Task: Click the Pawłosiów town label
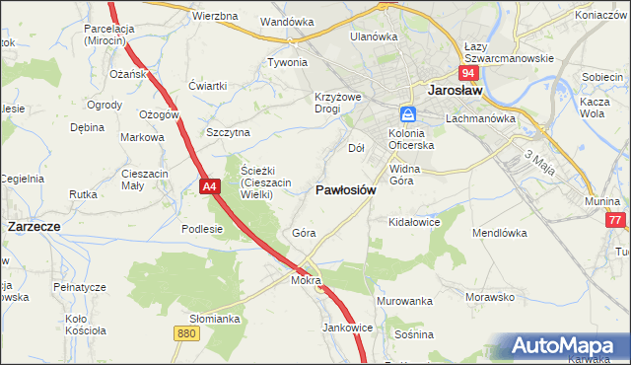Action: [x=345, y=190]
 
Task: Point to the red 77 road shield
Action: [x=616, y=221]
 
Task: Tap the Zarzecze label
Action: [x=35, y=226]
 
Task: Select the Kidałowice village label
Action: [x=414, y=223]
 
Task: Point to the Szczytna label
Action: [x=228, y=131]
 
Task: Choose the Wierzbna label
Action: [x=215, y=17]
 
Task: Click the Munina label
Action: [x=601, y=200]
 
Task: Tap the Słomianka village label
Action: [x=215, y=319]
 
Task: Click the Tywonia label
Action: [x=288, y=62]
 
